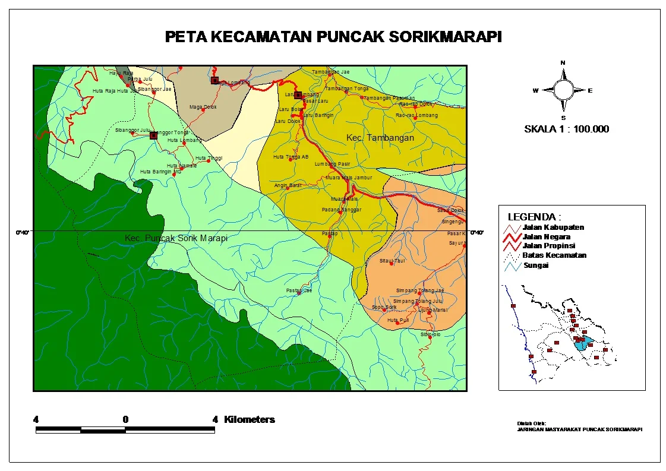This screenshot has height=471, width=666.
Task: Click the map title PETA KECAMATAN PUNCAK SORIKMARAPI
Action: coord(333,37)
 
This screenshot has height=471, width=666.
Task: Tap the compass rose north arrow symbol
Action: coord(563,90)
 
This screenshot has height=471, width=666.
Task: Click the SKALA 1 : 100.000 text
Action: coord(566,129)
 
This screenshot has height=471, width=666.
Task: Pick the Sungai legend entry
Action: coord(535,265)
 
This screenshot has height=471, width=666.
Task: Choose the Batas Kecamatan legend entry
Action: coord(554,255)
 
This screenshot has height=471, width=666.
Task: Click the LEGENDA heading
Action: coord(534,217)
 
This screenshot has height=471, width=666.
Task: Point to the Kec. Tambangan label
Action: coord(380,138)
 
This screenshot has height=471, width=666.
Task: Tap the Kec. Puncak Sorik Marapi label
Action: coord(176,238)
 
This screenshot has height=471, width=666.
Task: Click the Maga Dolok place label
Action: coord(203,107)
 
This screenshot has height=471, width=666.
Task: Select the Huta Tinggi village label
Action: coord(209,158)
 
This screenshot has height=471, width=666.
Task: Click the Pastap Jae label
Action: coord(299,290)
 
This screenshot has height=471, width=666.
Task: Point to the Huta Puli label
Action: coord(397,320)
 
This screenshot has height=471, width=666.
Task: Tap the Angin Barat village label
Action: coord(288,185)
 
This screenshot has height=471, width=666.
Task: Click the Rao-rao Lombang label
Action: coord(416,115)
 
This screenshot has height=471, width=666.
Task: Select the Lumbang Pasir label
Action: coord(332,163)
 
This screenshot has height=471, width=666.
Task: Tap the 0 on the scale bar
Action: coord(125,419)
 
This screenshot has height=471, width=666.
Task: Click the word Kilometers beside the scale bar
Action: coord(249,419)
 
